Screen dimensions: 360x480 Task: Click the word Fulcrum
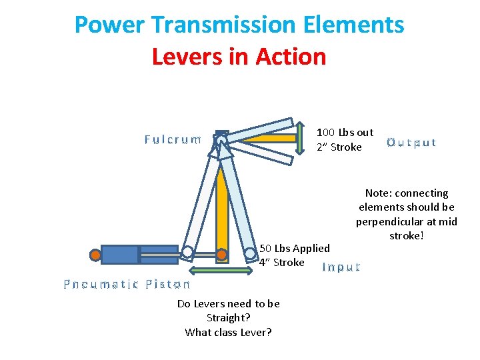coord(173,140)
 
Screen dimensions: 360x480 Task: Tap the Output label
coord(411,143)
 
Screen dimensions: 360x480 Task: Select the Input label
coord(341,267)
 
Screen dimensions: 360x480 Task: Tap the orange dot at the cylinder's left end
coord(96,254)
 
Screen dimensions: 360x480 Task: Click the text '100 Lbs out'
coord(345,133)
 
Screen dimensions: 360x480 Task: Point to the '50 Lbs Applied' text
coord(295,249)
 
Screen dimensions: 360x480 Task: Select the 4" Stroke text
coord(281,263)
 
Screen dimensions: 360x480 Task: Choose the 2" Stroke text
coord(339,147)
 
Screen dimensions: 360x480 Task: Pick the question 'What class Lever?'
coord(228,332)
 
